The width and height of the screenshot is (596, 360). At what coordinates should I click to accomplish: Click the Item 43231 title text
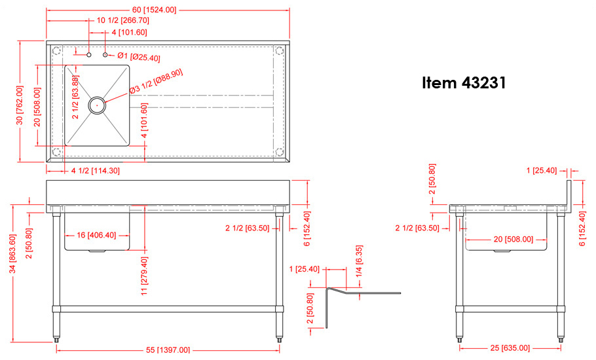point(464,84)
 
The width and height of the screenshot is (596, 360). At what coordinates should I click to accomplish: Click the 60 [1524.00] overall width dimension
point(154,10)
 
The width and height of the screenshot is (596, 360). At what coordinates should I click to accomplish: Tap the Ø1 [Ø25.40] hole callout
point(139,57)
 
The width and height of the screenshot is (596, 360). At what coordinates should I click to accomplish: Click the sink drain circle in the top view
point(97,103)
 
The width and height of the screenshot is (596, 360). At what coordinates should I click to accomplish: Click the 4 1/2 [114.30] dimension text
point(95,171)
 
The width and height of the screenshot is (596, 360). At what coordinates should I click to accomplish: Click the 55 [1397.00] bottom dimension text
point(168,350)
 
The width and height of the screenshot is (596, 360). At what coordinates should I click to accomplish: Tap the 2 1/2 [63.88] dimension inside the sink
point(75,98)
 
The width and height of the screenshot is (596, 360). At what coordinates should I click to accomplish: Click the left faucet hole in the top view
point(89,56)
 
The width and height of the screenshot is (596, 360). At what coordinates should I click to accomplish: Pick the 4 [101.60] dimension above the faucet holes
point(129,32)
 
